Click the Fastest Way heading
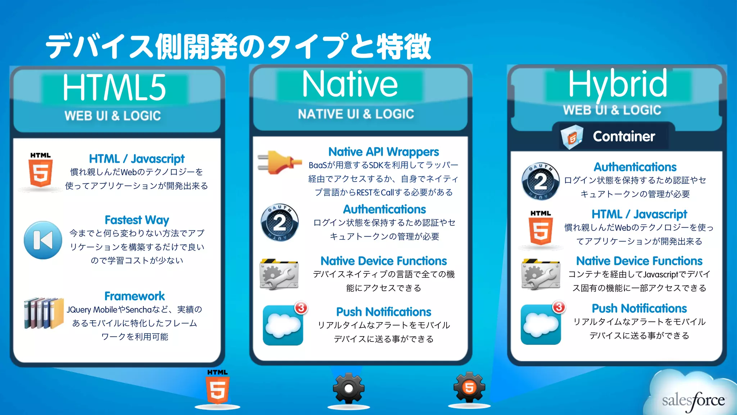(137, 220)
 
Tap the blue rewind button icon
(43, 240)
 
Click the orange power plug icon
(279, 162)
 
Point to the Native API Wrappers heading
(384, 152)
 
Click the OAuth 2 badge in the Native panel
(280, 223)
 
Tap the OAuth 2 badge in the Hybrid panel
(541, 181)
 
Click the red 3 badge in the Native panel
(301, 308)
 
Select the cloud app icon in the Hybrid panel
(541, 324)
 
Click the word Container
(624, 137)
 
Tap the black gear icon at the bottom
(348, 388)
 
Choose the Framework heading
(135, 296)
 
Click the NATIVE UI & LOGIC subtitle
(356, 114)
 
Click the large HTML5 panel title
(114, 88)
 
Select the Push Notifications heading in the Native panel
(384, 312)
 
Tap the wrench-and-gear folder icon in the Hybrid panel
(541, 274)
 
